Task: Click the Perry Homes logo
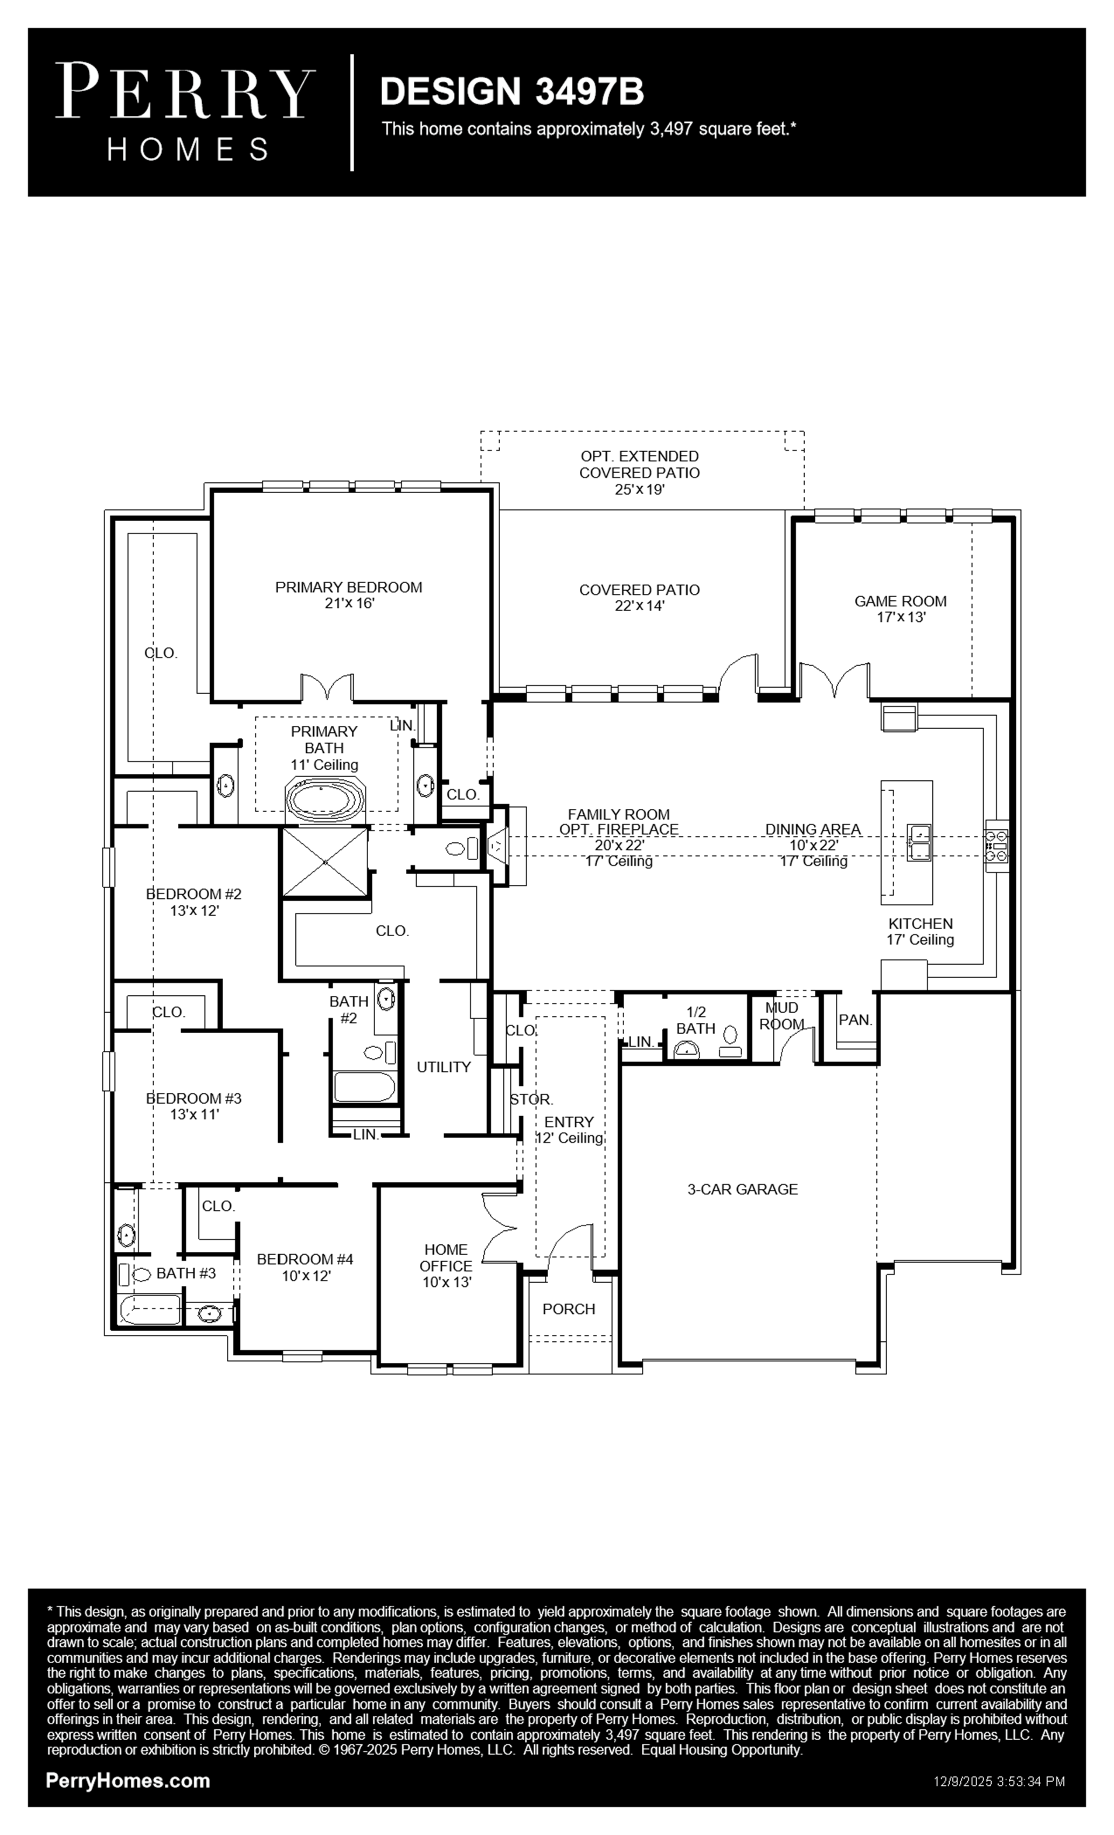point(185,112)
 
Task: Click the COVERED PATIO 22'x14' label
point(639,597)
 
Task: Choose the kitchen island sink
point(918,843)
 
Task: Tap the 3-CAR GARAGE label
point(742,1189)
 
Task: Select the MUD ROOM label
point(782,1016)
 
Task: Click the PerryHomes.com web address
point(128,1781)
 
